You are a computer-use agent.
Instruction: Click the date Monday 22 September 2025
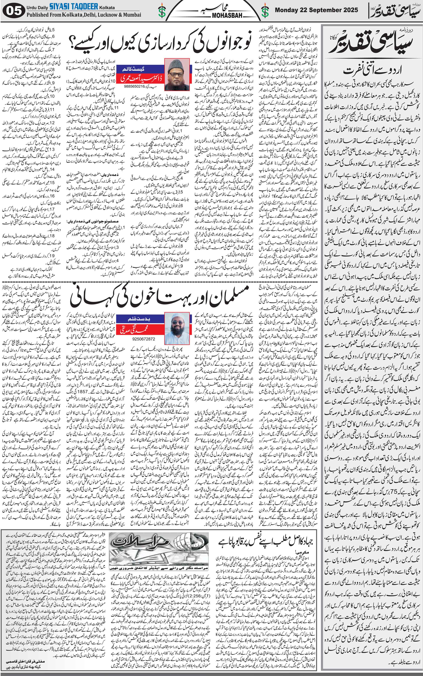click(316, 10)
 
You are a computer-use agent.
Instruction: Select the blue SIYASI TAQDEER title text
click(74, 6)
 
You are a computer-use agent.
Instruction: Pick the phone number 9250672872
click(144, 339)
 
